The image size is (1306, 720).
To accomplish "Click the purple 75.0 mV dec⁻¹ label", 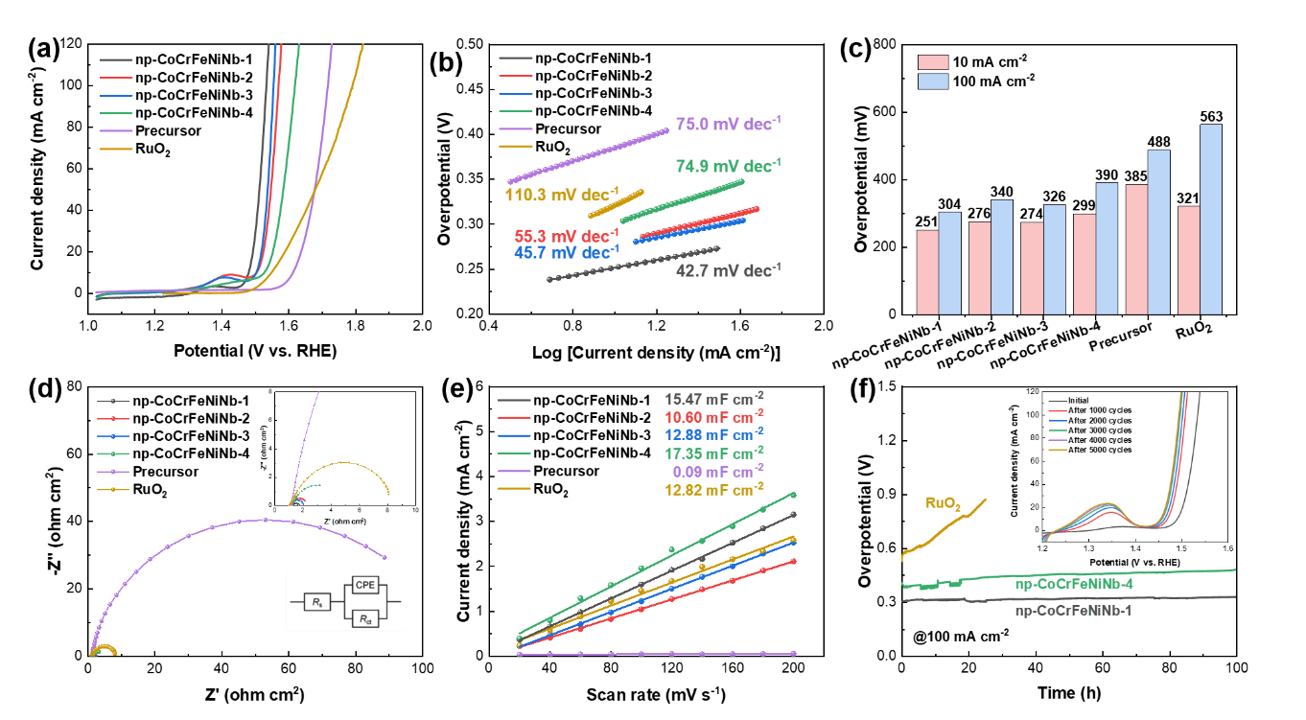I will (x=722, y=125).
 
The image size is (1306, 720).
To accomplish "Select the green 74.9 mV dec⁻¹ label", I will (x=728, y=166).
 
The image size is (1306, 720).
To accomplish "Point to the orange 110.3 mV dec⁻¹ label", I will (x=562, y=195).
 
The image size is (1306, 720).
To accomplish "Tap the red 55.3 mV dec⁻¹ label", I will (x=567, y=236).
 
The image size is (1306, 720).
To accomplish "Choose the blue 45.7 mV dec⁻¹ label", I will (x=567, y=253).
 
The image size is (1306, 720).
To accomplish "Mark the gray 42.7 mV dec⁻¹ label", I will (x=728, y=270).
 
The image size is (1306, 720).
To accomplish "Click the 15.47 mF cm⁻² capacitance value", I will (x=713, y=399).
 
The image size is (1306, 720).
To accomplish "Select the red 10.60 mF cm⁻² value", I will (x=713, y=416).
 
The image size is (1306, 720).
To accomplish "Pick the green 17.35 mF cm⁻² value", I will (x=713, y=452).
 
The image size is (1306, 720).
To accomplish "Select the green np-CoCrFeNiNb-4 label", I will (x=1074, y=583).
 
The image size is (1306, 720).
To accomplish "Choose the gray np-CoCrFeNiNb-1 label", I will (x=1074, y=610).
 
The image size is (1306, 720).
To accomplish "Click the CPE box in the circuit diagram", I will (x=364, y=584).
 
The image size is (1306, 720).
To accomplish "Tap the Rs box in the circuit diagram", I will (x=316, y=602).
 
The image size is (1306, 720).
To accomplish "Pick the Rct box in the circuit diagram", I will (x=364, y=619).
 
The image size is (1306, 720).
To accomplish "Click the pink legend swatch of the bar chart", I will (x=933, y=62).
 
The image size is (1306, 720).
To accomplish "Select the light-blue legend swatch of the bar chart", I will (x=933, y=81).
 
